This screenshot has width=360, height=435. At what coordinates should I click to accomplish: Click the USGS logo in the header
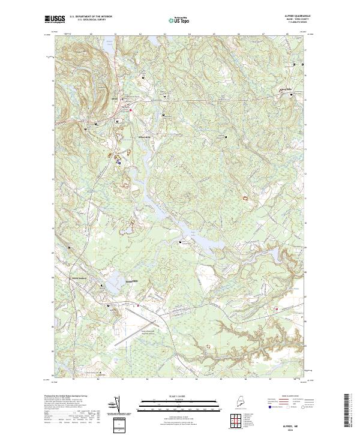point(55,19)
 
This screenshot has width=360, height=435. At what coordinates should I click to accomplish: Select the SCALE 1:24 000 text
point(170,394)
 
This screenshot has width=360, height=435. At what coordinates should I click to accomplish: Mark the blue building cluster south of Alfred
point(118,161)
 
